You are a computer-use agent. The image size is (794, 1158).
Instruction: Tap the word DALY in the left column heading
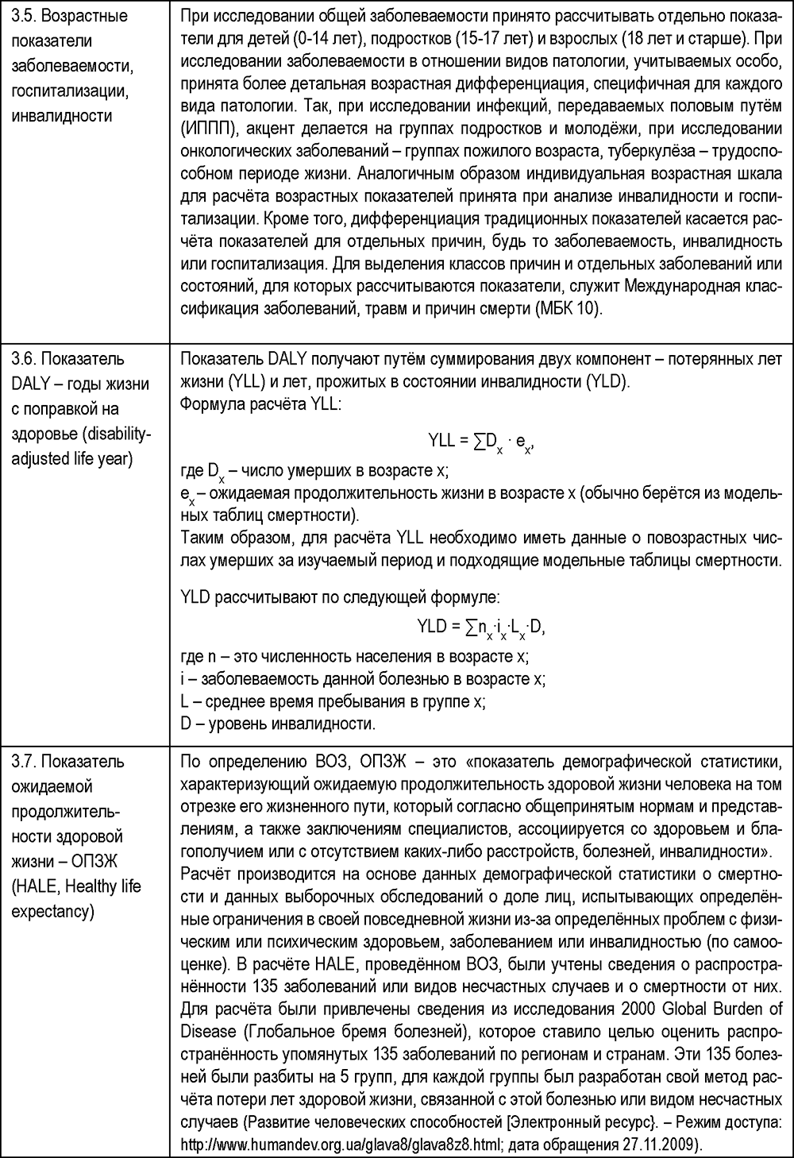[32, 384]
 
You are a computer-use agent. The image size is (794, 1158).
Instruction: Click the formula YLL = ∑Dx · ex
[482, 440]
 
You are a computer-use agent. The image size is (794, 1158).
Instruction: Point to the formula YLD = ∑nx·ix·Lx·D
[481, 627]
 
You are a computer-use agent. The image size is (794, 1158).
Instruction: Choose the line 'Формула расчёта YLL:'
[261, 403]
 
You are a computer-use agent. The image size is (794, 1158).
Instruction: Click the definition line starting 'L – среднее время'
[333, 701]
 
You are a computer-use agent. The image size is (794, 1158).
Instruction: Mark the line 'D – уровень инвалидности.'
[278, 724]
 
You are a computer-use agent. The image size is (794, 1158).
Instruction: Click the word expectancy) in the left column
[52, 910]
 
